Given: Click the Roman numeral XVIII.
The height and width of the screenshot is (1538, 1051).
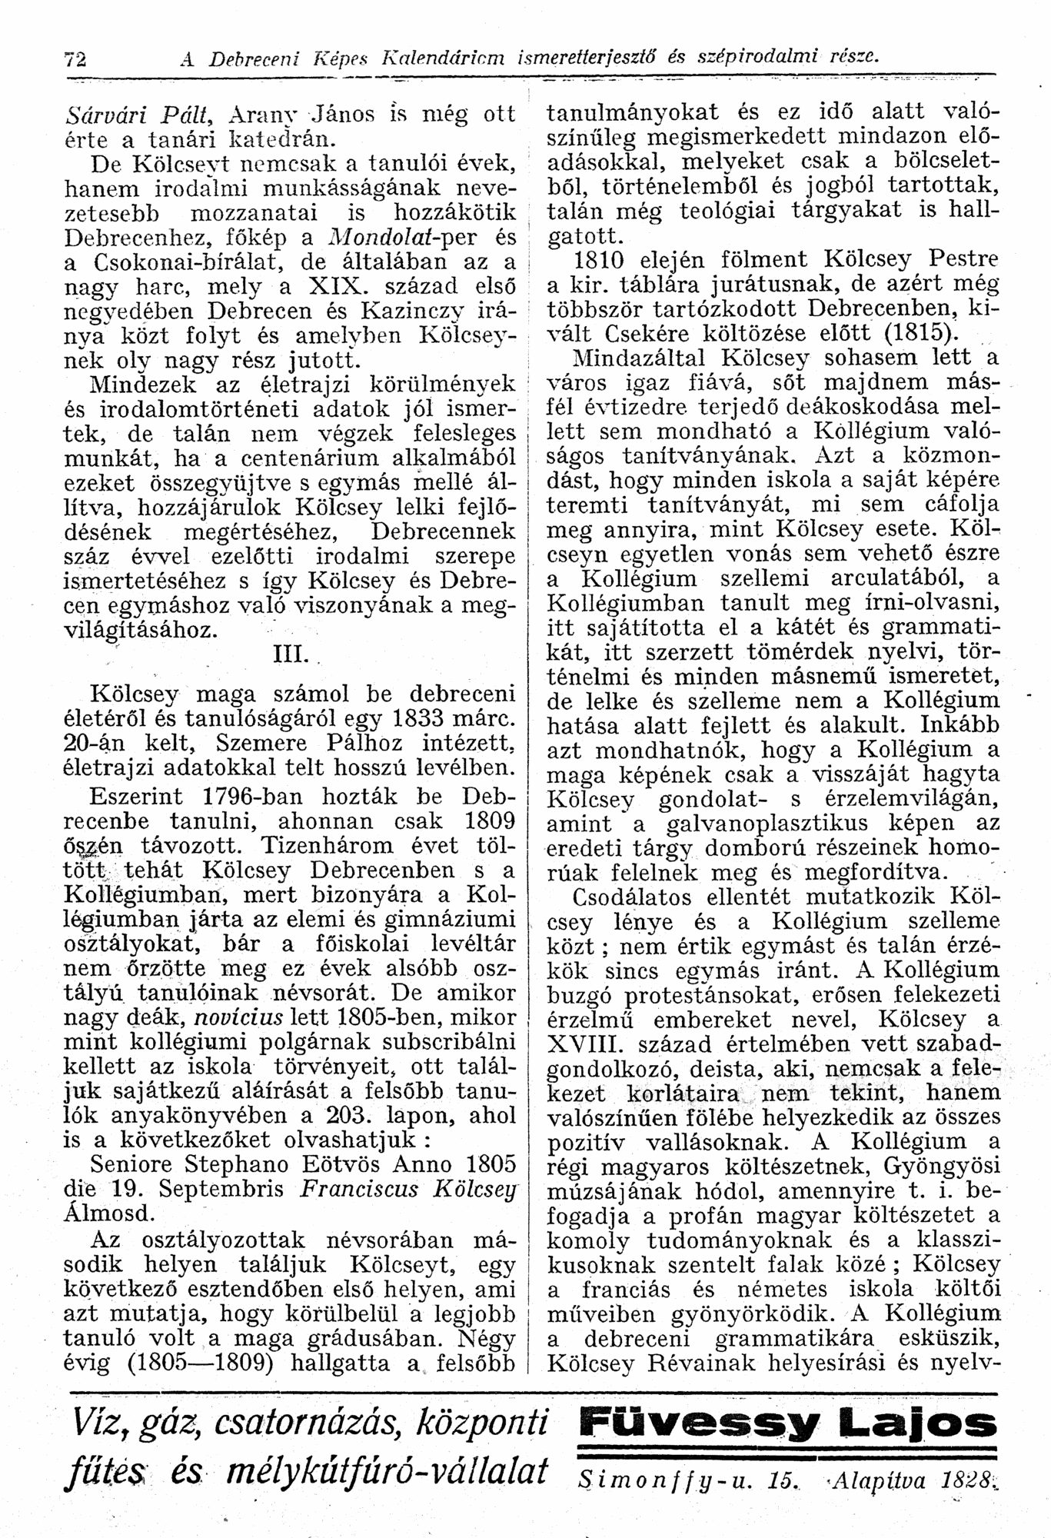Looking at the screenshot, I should tap(583, 1044).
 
